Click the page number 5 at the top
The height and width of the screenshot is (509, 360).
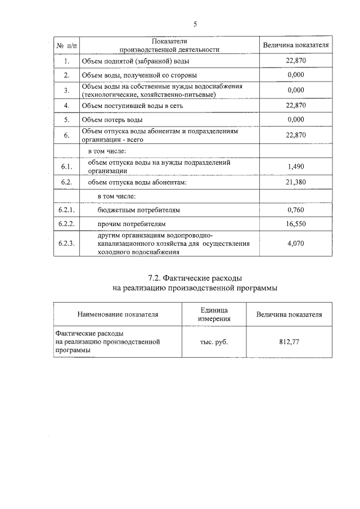[x=195, y=24]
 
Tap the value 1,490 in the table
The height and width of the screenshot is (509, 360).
[x=295, y=167]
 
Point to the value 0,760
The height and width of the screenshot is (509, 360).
[x=295, y=210]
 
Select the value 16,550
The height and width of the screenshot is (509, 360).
[x=295, y=223]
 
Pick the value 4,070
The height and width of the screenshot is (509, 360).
[x=295, y=244]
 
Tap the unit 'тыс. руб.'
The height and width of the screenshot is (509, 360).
[x=214, y=342]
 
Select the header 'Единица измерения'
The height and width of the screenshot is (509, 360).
[x=214, y=314]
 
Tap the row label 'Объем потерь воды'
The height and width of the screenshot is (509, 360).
[x=111, y=120]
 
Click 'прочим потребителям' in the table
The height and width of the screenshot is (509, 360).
[x=128, y=223]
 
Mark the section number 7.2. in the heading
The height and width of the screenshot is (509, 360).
[x=156, y=277]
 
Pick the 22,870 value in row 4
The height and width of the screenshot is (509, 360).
[x=295, y=105]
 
